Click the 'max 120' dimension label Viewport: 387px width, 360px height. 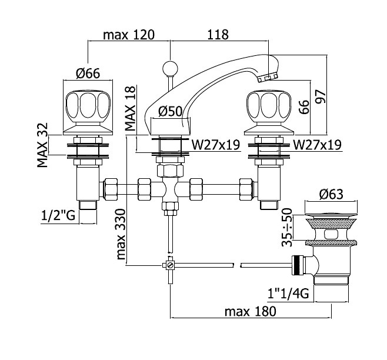[129, 35]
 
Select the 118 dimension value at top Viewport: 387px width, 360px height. [218, 35]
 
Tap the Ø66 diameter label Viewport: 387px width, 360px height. [88, 74]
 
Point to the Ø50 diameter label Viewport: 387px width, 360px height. [171, 111]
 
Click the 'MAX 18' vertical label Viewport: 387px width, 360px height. [131, 108]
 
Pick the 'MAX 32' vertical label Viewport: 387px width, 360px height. [42, 145]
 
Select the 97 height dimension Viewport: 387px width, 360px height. [321, 96]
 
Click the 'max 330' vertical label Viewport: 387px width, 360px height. [121, 234]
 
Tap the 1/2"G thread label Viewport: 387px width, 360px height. [58, 215]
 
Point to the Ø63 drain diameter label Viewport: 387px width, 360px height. [331, 194]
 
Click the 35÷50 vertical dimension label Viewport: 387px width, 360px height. [287, 228]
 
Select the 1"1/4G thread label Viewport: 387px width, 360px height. [288, 294]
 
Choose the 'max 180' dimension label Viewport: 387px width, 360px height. [251, 312]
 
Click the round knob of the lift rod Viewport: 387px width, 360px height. [170, 68]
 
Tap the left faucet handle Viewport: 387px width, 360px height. [88, 113]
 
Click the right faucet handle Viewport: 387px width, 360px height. [269, 113]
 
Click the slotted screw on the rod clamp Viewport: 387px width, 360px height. [170, 265]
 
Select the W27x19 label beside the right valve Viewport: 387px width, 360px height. [317, 145]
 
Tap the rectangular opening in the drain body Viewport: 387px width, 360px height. [331, 234]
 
